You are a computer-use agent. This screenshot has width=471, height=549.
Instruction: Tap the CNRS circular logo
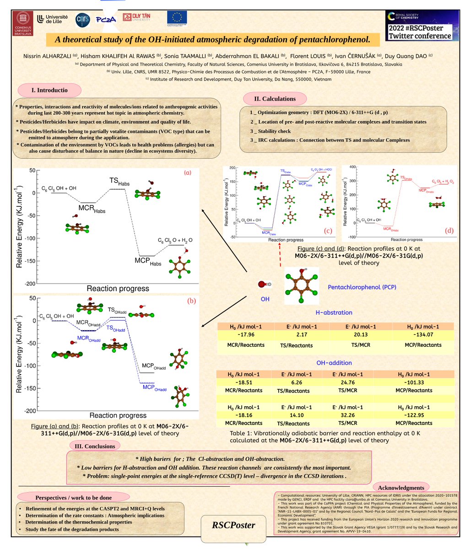(x=83, y=19)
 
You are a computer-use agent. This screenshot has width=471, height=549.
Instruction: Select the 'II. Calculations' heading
(x=275, y=98)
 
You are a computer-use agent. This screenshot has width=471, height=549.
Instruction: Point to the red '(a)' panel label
(x=188, y=173)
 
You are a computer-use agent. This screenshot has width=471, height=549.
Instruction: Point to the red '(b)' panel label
(x=191, y=301)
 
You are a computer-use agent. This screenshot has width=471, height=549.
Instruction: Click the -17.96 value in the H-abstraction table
(x=245, y=335)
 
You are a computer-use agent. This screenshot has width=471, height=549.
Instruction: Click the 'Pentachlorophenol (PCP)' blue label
(x=362, y=287)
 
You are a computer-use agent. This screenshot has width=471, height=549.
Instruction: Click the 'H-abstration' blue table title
(x=334, y=312)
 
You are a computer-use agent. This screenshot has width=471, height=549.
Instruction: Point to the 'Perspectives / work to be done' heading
(x=73, y=497)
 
